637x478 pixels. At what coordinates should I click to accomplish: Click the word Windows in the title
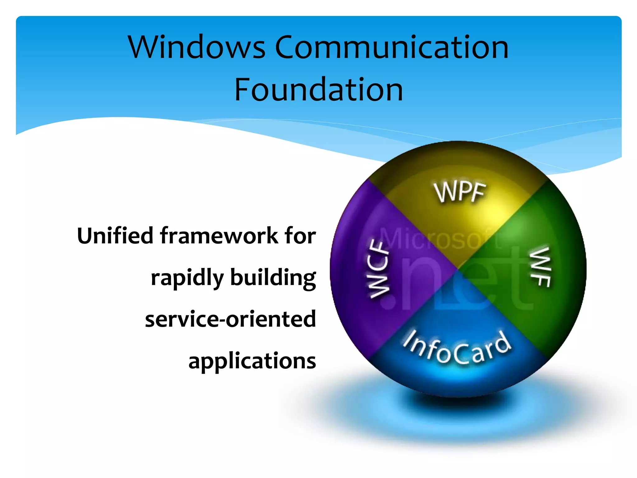pos(197,47)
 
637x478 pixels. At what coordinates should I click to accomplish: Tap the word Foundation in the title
pos(318,90)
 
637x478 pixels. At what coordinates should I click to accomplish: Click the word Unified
pos(115,236)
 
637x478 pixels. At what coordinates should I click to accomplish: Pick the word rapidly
pos(187,278)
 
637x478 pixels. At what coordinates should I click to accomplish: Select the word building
pos(273,278)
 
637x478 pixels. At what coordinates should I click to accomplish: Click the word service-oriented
pos(230,319)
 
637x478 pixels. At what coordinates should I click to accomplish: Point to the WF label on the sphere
pos(541,267)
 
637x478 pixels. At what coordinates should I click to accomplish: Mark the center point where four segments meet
pos(458,269)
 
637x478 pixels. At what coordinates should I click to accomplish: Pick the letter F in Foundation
pos(242,90)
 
